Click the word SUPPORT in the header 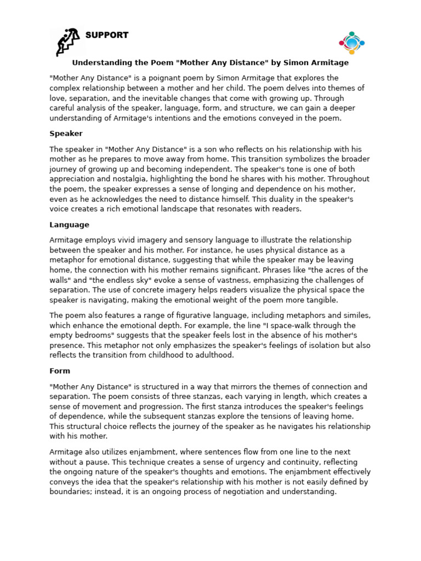click(107, 35)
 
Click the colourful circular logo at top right click(351, 43)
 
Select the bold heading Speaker click(66, 134)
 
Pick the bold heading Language click(69, 225)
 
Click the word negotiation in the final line click(233, 491)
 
